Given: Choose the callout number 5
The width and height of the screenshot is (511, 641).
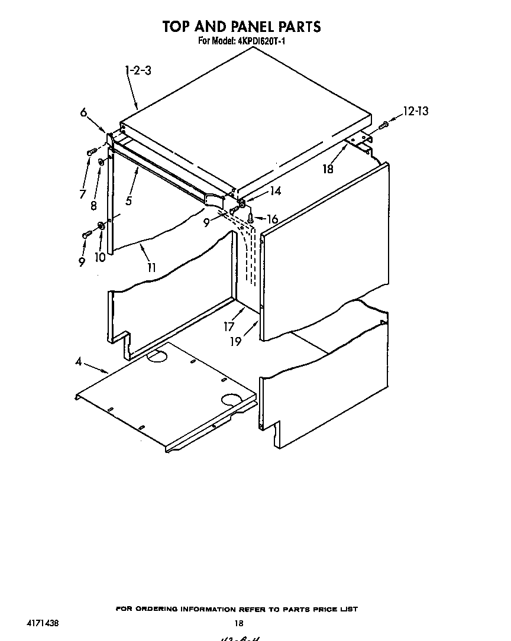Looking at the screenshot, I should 128,200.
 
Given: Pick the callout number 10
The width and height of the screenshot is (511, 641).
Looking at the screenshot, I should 100,258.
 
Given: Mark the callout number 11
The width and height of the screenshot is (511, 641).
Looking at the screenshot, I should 152,267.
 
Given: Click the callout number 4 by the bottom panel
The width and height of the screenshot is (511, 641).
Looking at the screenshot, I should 79,362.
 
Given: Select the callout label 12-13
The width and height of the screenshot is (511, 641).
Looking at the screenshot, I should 416,111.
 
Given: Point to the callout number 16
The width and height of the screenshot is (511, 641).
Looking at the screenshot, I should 271,219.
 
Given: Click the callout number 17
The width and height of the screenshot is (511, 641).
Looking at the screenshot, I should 229,326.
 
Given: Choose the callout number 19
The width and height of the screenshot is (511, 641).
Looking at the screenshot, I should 235,342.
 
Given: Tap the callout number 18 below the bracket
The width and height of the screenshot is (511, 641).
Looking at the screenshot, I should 327,169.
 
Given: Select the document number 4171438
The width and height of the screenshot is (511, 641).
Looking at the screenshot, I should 43,623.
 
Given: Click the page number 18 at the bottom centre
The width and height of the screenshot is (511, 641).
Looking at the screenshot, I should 239,623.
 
